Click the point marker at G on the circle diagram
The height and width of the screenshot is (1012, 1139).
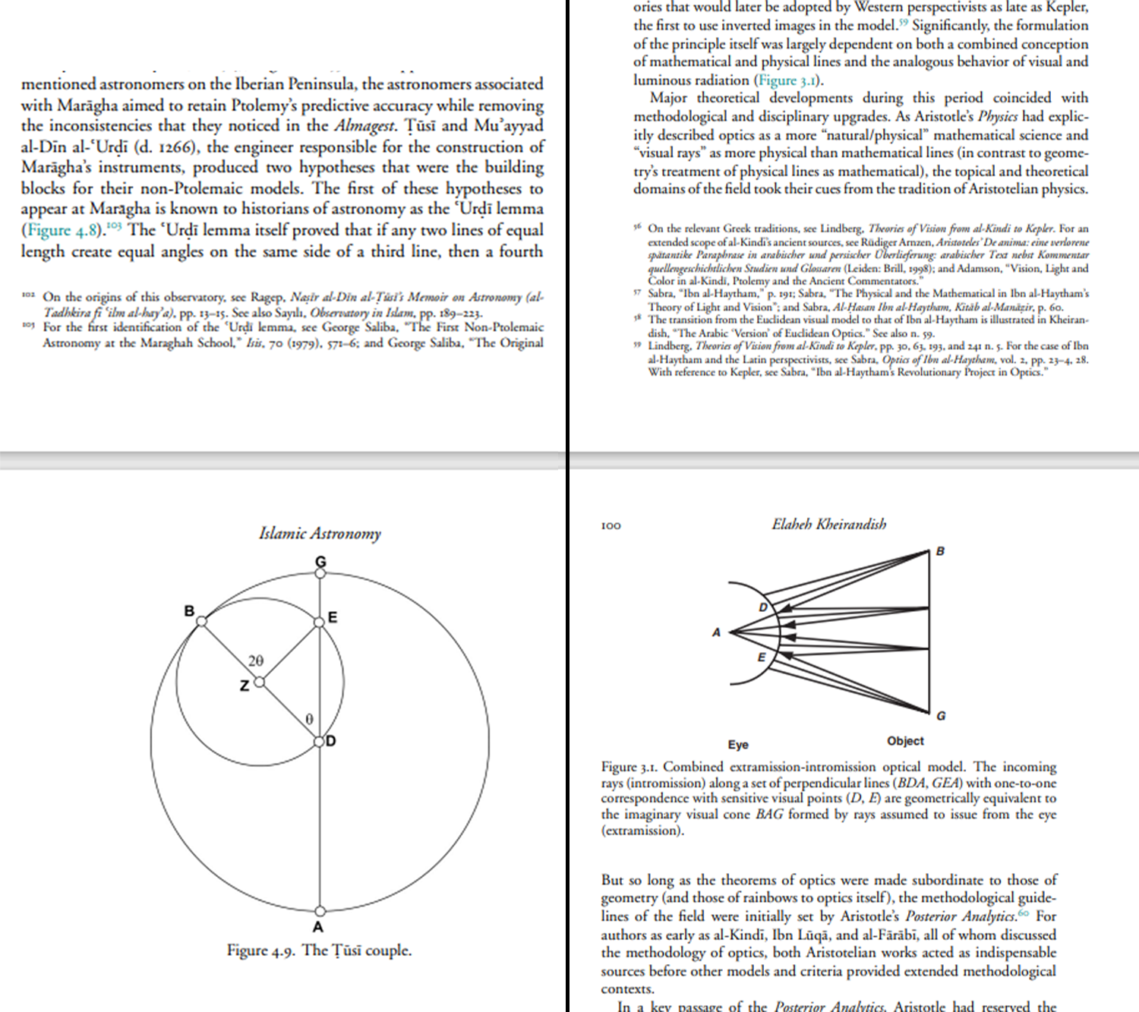[320, 573]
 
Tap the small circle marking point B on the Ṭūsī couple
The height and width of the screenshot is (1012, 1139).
[201, 621]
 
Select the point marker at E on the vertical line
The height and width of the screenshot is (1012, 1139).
[320, 623]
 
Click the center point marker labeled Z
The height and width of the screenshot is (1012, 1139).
[259, 682]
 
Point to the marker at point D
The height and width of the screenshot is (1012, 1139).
[320, 741]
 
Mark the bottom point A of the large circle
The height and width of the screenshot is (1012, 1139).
[320, 910]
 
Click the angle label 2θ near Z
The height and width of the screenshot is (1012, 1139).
[256, 661]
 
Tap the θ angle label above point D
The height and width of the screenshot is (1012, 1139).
[309, 719]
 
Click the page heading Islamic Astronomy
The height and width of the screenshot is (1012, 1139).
[320, 534]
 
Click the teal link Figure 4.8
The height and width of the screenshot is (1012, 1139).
[61, 231]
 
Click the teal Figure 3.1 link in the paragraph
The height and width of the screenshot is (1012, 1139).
[787, 80]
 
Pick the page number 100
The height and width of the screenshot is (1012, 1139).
[611, 525]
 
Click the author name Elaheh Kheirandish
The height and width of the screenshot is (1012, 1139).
[828, 524]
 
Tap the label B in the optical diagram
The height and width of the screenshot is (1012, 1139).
[940, 551]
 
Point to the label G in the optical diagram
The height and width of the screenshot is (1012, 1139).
[941, 716]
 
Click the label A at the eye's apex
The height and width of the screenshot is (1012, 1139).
[715, 632]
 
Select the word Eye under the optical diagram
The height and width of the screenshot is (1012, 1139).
[737, 745]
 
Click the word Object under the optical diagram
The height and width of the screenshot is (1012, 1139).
[905, 741]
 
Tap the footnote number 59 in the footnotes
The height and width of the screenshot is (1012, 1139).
[638, 345]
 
